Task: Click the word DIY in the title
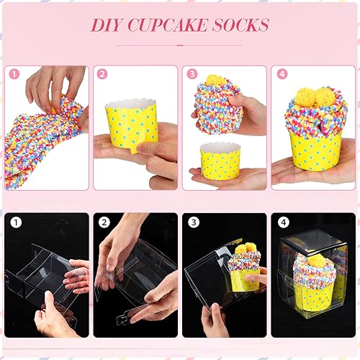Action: coord(107,25)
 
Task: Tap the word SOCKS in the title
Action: coord(240,25)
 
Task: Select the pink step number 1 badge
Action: coord(13,73)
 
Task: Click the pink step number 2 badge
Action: coord(102,73)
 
